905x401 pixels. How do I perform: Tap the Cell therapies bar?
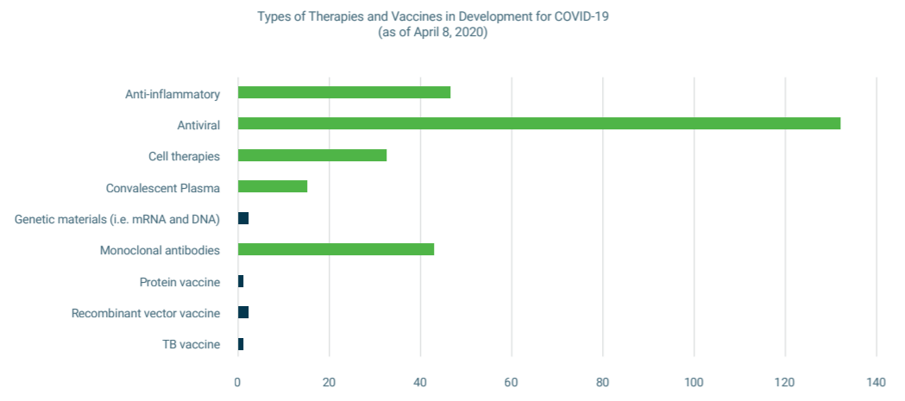pos(311,155)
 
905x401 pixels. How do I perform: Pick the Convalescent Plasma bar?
pos(272,186)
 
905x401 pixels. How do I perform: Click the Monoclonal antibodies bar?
pos(336,249)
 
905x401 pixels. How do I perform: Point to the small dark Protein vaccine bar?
pos(241,281)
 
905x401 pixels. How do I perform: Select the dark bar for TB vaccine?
pos(241,344)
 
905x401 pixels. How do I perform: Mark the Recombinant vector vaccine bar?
pos(243,312)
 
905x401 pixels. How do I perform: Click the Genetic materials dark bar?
pos(243,218)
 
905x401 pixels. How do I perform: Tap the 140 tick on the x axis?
pos(877,383)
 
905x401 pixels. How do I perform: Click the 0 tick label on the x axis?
pos(238,383)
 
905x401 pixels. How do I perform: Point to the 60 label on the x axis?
pos(512,383)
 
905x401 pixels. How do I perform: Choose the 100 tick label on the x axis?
pos(694,383)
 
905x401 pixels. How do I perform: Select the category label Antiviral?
pos(198,125)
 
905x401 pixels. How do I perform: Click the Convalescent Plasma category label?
pos(163,188)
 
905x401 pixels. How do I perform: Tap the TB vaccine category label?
pos(191,345)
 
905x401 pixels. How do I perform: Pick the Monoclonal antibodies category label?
pos(160,251)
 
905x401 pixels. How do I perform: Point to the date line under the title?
pos(433,33)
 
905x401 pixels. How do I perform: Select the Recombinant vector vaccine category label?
pos(146,313)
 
